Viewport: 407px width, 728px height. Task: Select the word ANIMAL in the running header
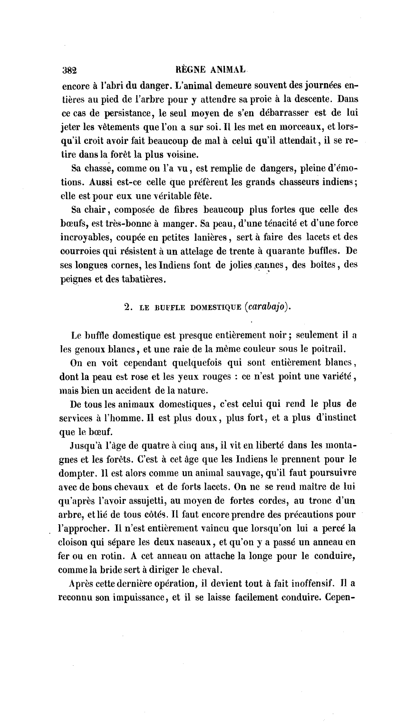226,69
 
